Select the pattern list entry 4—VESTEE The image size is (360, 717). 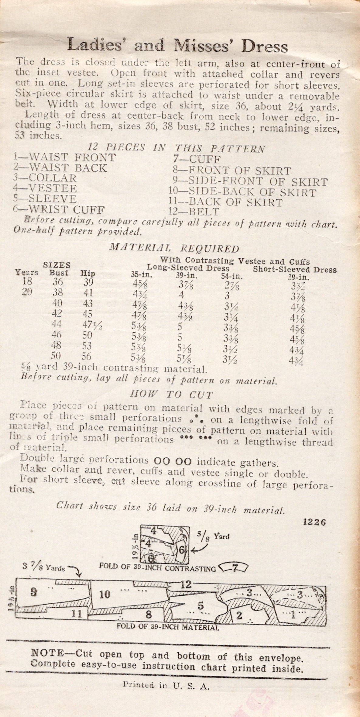pyautogui.click(x=45, y=188)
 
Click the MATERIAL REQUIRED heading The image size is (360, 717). pyautogui.click(x=174, y=248)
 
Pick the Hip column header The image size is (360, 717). pyautogui.click(x=87, y=273)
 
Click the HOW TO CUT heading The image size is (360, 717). pyautogui.click(x=172, y=395)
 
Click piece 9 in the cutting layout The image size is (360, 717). pyautogui.click(x=34, y=591)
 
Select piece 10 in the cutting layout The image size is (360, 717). pyautogui.click(x=104, y=594)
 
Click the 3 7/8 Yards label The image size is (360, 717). pyautogui.click(x=44, y=567)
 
